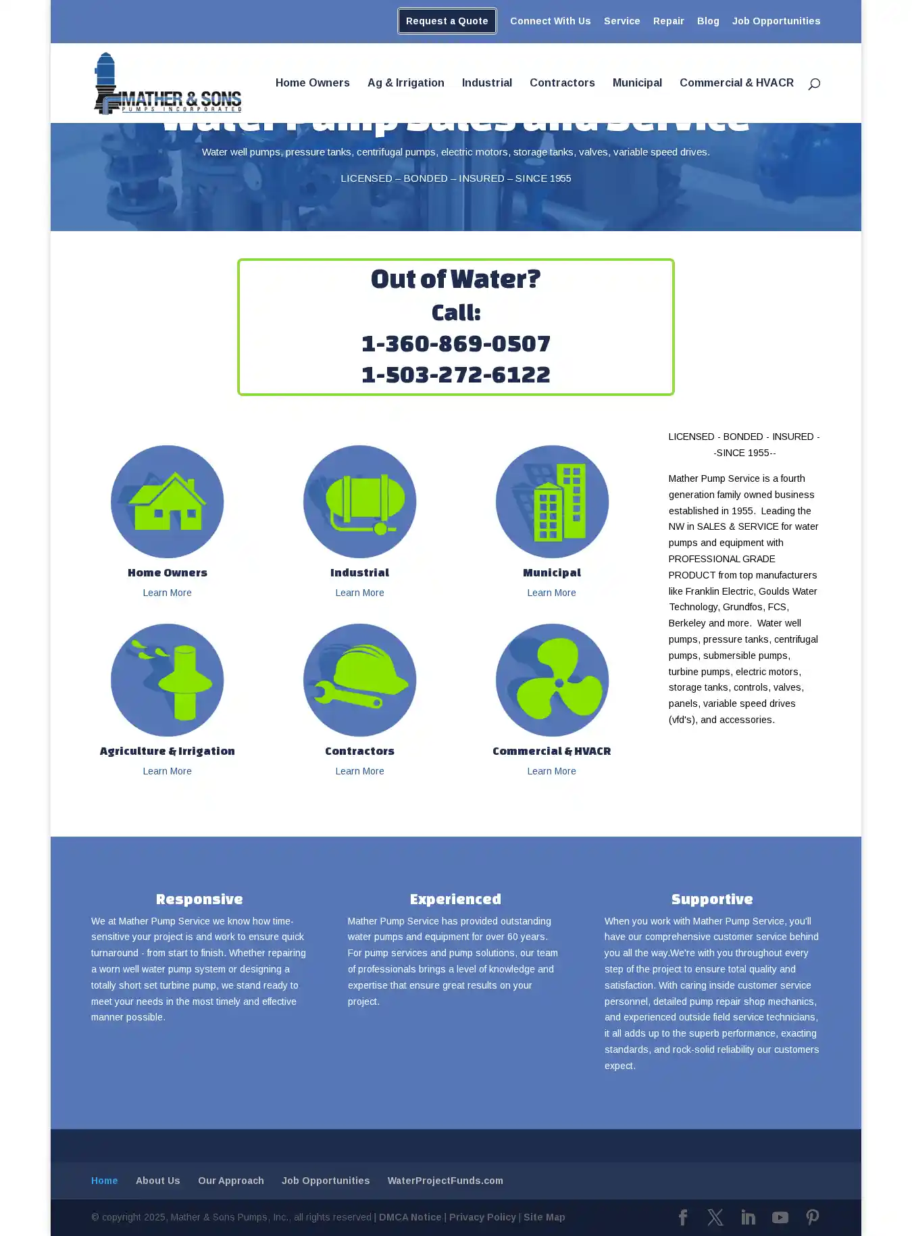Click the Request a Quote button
point(447,21)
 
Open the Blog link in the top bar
point(708,21)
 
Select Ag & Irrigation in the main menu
point(405,82)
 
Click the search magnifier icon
point(814,84)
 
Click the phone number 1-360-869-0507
point(456,343)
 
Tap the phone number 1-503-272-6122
point(456,374)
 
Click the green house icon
point(167,501)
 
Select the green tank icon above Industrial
point(359,501)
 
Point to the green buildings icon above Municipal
point(552,501)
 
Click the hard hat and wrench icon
point(359,680)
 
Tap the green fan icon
point(552,680)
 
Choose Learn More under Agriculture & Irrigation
point(167,771)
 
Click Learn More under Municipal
point(551,593)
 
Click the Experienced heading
point(455,899)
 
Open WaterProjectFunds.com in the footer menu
point(445,1181)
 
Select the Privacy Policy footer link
point(482,1217)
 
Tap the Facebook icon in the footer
point(683,1217)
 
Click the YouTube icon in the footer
point(780,1217)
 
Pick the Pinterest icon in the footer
point(813,1217)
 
